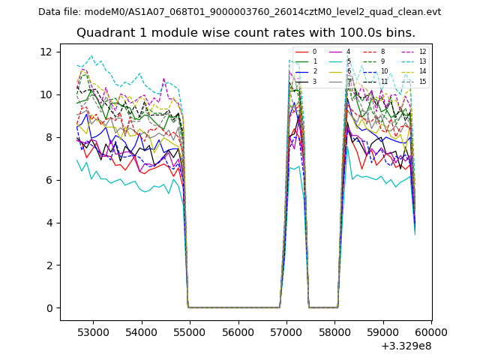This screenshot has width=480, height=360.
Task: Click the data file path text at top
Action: tap(239, 12)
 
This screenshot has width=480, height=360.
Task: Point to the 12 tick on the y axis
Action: tap(49, 52)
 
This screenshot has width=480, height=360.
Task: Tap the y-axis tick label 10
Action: tap(49, 94)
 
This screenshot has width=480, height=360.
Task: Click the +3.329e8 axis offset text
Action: tap(405, 346)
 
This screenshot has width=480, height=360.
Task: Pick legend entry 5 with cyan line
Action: tap(348, 61)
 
